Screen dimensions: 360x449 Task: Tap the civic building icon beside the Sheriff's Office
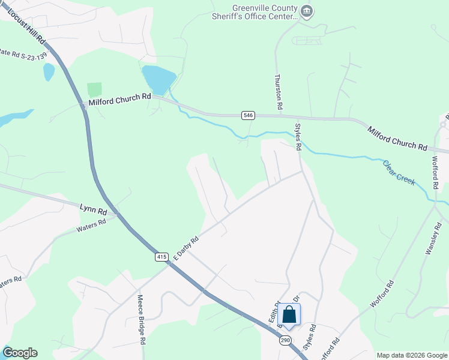tap(307, 11)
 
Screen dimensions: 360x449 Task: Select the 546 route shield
tap(248, 115)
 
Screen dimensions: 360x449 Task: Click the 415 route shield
tap(161, 257)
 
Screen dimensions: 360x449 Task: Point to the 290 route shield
tap(285, 340)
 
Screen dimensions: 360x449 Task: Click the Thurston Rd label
tap(279, 91)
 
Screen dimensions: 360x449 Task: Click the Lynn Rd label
tap(93, 209)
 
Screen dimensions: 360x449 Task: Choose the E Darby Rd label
tap(185, 247)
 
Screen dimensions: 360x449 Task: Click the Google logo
tap(20, 353)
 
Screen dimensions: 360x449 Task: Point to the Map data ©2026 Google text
tap(412, 355)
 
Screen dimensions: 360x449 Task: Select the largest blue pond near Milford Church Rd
tap(158, 79)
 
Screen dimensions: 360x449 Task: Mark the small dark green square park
tap(94, 90)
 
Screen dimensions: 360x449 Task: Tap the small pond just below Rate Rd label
tap(49, 72)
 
